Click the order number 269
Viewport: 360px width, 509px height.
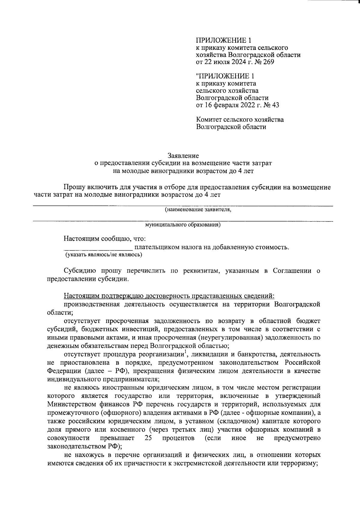[x=268, y=62]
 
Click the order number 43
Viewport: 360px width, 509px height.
[x=275, y=105]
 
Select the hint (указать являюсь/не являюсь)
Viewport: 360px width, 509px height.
[x=104, y=255]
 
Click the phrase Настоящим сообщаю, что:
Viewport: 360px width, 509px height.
[x=105, y=239]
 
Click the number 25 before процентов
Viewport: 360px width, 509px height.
[x=148, y=438]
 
